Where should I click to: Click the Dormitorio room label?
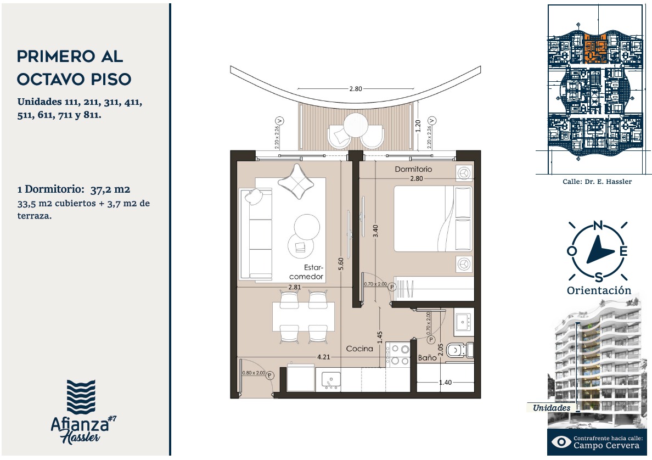click(x=413, y=169)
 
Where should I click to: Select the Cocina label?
click(x=359, y=349)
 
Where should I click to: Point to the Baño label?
click(x=427, y=358)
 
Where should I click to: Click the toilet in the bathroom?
click(x=459, y=350)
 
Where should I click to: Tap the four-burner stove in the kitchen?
click(x=397, y=355)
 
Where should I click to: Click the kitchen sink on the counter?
click(x=331, y=380)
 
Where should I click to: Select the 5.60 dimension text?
click(x=341, y=263)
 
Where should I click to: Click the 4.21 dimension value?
click(x=323, y=357)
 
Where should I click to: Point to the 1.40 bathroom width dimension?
click(x=445, y=382)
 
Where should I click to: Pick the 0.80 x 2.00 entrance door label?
click(x=254, y=373)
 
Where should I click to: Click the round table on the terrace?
click(x=356, y=125)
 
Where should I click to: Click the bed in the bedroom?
click(x=433, y=218)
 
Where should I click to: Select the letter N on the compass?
click(x=598, y=226)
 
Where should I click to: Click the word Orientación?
click(x=599, y=290)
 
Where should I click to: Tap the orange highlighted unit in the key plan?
click(x=595, y=49)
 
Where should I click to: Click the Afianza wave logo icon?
click(x=81, y=397)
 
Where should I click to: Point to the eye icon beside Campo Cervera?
click(x=561, y=442)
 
